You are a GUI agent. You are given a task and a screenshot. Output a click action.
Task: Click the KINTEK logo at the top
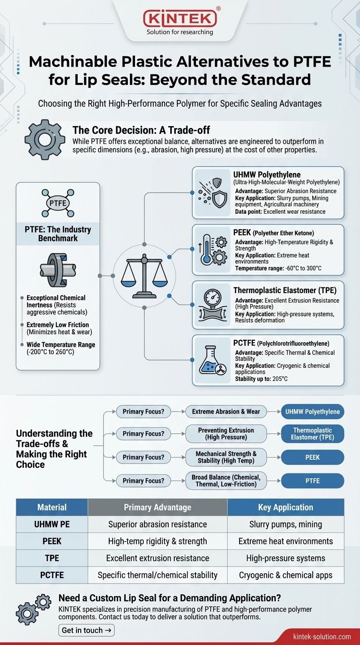[x=180, y=19]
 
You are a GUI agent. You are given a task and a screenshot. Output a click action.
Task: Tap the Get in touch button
[x=87, y=630]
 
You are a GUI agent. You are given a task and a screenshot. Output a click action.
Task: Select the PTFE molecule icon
[x=58, y=203]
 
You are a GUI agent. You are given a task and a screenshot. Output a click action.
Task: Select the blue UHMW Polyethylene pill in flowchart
[x=313, y=412]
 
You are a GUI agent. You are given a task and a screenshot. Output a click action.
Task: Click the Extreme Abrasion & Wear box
[x=226, y=412]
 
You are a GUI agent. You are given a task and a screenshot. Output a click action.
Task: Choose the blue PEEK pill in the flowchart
[x=313, y=457]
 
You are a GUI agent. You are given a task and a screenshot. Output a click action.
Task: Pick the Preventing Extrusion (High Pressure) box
[x=226, y=434]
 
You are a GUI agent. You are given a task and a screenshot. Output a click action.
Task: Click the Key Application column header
[x=285, y=507]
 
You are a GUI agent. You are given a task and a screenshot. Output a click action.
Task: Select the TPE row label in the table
[x=52, y=558]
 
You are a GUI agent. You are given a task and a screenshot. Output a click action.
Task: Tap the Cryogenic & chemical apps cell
[x=285, y=575]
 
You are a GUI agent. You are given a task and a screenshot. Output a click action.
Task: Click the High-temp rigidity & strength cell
[x=157, y=541]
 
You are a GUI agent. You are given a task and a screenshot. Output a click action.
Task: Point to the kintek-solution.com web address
[x=322, y=636]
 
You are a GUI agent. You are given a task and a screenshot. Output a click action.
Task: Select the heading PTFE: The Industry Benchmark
[x=58, y=233]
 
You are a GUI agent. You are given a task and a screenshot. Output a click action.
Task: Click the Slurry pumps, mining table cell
[x=285, y=524]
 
